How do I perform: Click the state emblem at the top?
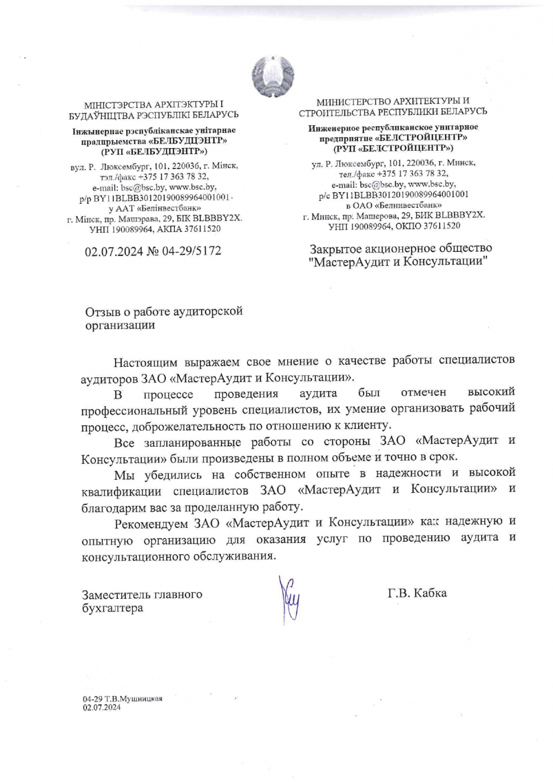pyautogui.click(x=273, y=76)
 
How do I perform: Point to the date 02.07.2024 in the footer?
pyautogui.click(x=102, y=707)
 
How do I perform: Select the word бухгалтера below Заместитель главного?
pyautogui.click(x=112, y=608)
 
